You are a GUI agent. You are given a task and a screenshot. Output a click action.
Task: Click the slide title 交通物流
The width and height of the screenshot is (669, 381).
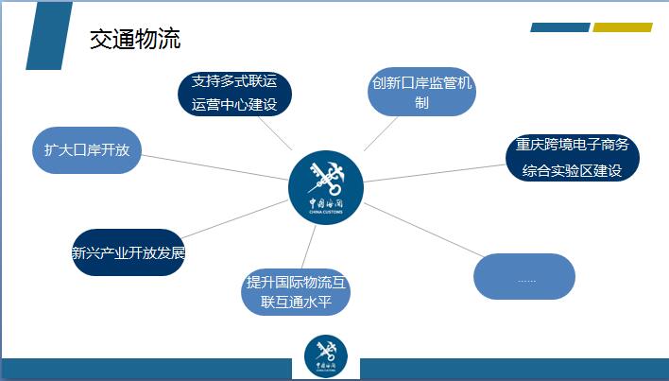pos(135,40)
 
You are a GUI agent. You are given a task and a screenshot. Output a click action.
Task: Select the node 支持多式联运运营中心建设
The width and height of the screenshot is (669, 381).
pos(234,94)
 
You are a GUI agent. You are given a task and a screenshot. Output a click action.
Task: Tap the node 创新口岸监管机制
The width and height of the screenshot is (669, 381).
pos(421,92)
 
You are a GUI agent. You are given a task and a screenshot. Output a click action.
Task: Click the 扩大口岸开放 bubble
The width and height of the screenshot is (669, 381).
pos(87,150)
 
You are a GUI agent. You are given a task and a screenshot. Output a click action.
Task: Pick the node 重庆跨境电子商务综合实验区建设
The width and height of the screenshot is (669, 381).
pos(573,158)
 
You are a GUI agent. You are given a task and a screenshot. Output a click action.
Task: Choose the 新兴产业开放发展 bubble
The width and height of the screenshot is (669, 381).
pos(129,252)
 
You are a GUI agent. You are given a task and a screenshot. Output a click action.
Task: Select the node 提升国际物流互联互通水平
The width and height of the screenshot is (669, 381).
pos(296,292)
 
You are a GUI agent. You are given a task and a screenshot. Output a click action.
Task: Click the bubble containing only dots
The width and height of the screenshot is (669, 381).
pos(524,276)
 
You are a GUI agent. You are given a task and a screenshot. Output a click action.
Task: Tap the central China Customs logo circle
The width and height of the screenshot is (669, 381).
pos(326,187)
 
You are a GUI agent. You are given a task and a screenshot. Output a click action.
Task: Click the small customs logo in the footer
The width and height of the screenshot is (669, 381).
pos(326,356)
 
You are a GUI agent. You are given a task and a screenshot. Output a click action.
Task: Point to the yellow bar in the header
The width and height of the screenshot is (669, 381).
pos(623,27)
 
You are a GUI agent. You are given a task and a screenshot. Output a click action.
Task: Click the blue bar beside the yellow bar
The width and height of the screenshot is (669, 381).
pos(560,27)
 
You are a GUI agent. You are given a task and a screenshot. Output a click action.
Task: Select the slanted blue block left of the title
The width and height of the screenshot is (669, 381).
pos(49,36)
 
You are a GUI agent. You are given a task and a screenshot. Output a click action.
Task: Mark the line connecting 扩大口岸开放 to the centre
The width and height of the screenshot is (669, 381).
pos(215,167)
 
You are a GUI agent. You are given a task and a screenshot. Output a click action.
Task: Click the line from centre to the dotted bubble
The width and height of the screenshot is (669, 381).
pos(424,231)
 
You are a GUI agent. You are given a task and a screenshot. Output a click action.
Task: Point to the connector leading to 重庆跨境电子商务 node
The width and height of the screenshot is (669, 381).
pos(435,173)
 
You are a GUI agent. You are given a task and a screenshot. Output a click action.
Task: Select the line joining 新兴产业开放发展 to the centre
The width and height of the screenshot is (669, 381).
pos(235,219)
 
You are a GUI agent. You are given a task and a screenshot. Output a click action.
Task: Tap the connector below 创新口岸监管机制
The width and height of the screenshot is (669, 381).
pos(381,133)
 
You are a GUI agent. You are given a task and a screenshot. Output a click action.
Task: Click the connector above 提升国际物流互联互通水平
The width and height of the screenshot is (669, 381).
pos(308,247)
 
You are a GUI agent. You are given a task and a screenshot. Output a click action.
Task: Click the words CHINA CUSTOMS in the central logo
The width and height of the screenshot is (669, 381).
pos(326,212)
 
